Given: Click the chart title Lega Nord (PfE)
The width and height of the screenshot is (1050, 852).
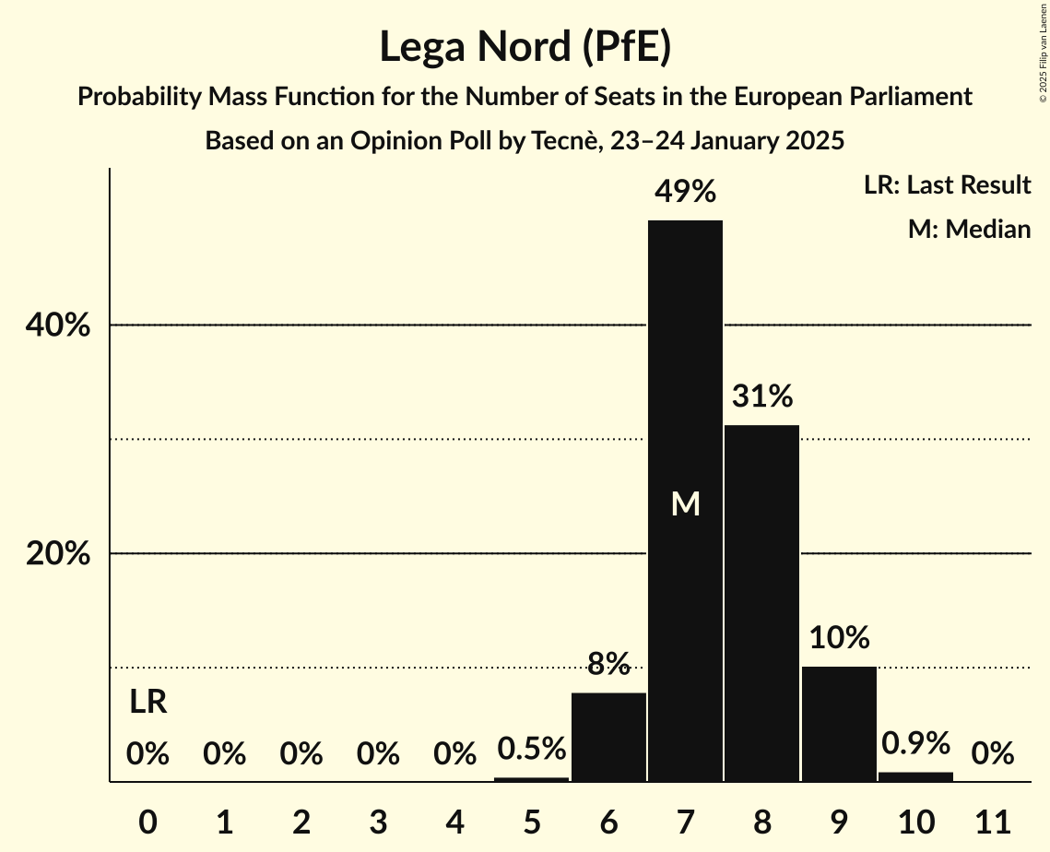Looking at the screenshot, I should (525, 46).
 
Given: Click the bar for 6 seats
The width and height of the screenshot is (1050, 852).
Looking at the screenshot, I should (608, 737).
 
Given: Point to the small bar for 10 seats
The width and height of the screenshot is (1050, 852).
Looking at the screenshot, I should (915, 776).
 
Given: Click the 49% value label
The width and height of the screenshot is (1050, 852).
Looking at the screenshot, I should (685, 192).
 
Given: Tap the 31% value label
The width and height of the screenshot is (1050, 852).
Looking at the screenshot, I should (761, 396).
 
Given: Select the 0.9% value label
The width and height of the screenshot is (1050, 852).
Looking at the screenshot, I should (915, 743).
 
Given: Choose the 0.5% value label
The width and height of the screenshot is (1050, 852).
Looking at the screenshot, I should (531, 749).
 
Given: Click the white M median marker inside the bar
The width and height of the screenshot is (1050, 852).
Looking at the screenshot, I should (685, 503).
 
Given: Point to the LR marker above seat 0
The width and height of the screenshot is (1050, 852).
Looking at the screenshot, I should (147, 703).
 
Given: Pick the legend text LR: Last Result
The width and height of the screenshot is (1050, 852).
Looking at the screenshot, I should (947, 185).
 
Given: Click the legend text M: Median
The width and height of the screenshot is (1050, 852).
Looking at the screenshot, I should (969, 229).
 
